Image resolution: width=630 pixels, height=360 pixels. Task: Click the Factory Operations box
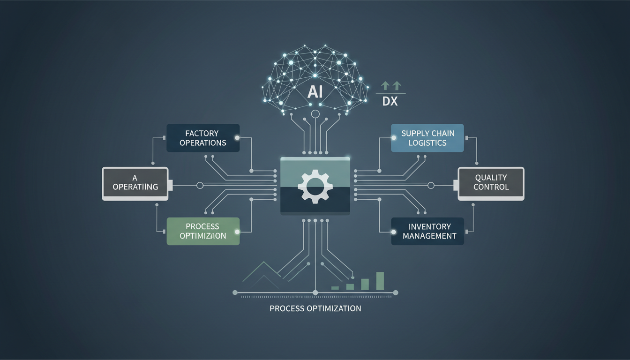[203, 138]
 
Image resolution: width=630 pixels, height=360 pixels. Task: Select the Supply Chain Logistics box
[427, 138]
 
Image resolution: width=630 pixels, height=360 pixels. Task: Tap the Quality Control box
[491, 182]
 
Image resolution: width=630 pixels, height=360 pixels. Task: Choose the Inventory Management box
[427, 231]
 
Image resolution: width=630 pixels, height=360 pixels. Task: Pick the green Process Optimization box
[203, 231]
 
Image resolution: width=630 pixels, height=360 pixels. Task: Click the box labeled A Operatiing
[135, 183]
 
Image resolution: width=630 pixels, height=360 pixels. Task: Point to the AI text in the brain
[315, 92]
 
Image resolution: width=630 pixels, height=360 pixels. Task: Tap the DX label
[390, 101]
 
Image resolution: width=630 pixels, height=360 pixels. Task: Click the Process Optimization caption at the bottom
[315, 308]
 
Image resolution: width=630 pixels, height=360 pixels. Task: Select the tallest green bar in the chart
[380, 281]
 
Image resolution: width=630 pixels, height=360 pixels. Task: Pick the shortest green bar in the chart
[335, 288]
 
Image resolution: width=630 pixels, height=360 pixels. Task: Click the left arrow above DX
[385, 85]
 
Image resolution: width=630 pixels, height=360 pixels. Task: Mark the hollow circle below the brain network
[315, 114]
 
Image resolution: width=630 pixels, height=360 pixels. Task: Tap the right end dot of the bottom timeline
[395, 293]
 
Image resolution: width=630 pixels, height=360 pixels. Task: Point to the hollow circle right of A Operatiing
[200, 186]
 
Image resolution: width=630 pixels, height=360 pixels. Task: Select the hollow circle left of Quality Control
[431, 186]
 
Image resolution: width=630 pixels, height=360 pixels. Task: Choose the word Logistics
[427, 142]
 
